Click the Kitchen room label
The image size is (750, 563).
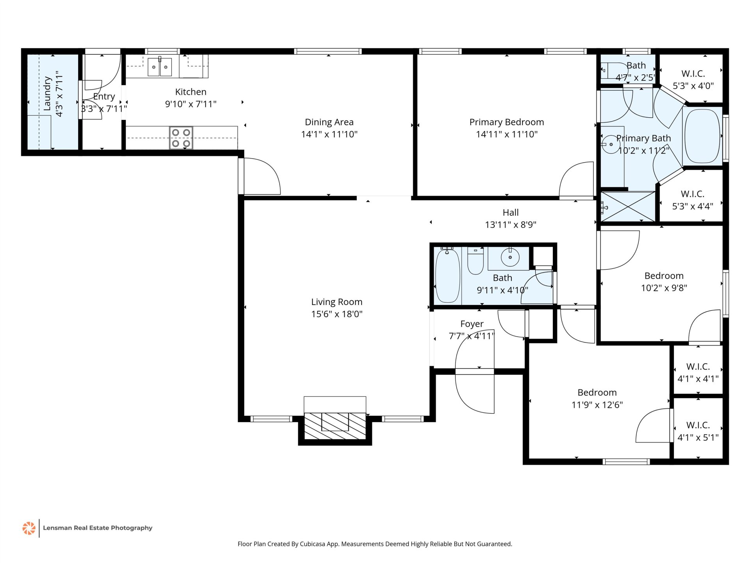tap(191, 92)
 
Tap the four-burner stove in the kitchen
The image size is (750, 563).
tap(181, 138)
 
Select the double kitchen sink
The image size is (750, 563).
tap(159, 67)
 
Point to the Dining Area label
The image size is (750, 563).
tap(329, 122)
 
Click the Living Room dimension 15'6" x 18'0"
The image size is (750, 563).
tap(337, 314)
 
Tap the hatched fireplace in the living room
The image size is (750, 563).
tap(335, 426)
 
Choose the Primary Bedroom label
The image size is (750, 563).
tap(507, 122)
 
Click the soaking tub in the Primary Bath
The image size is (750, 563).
tap(702, 136)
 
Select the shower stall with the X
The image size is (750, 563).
tap(628, 206)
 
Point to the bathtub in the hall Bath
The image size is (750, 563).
tap(448, 276)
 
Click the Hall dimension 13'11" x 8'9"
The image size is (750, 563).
tap(511, 225)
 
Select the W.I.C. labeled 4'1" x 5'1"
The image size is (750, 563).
tap(698, 431)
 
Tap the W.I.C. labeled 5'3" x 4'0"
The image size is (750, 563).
tap(693, 80)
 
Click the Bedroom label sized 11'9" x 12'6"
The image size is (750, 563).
tap(597, 393)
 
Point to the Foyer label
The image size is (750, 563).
tap(472, 324)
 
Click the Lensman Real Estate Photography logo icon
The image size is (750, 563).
tap(29, 528)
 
